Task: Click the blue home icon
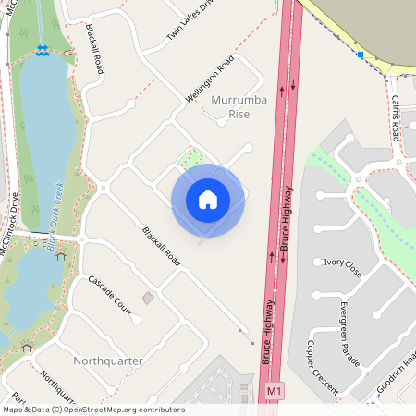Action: tap(208, 200)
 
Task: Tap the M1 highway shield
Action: tap(274, 393)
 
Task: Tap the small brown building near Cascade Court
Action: tap(148, 298)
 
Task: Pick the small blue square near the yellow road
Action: tap(361, 55)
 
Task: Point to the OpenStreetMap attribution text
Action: tap(93, 410)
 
